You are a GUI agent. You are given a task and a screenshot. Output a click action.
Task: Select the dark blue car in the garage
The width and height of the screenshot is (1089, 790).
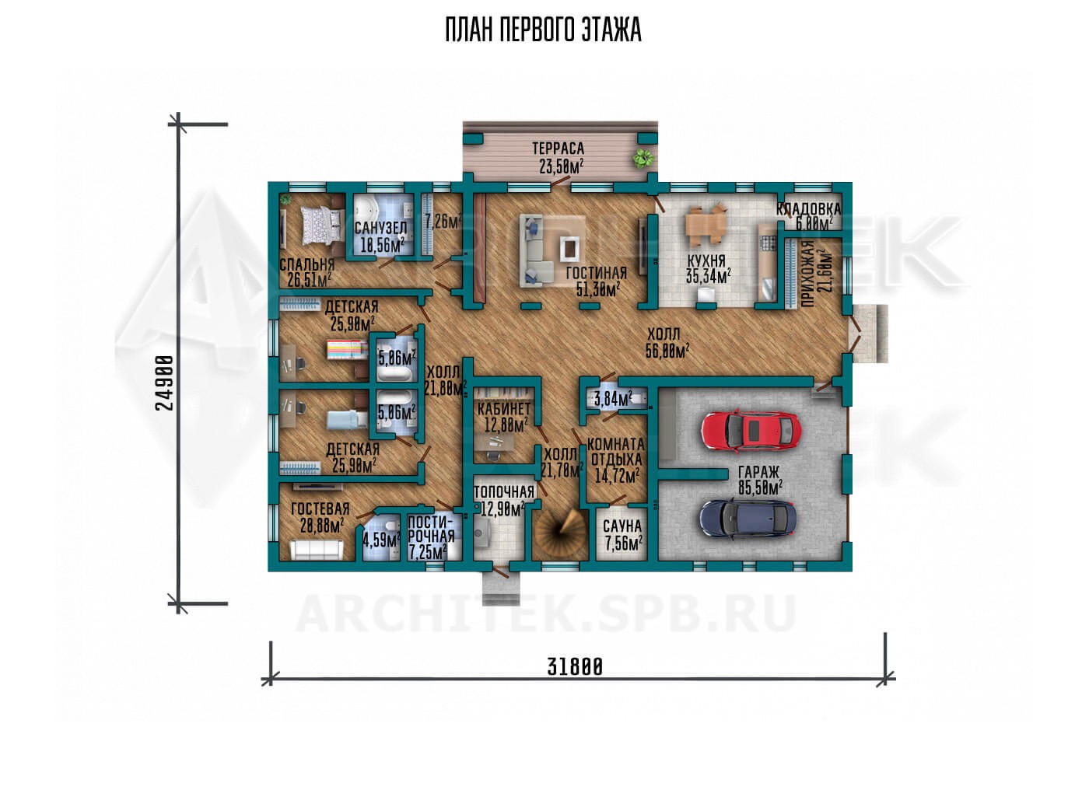[748, 519]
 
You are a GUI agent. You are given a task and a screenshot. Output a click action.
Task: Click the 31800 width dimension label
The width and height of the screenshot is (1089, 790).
[575, 668]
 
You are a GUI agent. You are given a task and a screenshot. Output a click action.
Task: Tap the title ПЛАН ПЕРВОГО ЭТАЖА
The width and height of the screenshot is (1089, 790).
[544, 30]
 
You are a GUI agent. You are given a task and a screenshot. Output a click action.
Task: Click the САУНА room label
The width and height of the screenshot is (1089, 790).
[622, 526]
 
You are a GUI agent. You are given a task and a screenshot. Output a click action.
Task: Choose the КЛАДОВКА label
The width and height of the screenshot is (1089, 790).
[808, 209]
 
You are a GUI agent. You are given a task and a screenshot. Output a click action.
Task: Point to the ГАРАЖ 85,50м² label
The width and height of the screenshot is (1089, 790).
[761, 480]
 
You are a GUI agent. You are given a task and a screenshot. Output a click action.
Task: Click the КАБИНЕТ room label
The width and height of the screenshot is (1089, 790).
[504, 409]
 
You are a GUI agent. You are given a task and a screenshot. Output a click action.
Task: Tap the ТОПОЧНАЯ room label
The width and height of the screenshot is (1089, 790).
[504, 492]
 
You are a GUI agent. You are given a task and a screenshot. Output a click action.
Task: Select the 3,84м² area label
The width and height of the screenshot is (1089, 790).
[614, 399]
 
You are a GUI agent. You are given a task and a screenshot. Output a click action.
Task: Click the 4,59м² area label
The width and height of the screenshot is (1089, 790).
[382, 540]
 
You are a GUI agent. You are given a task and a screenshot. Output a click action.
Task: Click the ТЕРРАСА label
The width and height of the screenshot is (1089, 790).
[559, 148]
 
